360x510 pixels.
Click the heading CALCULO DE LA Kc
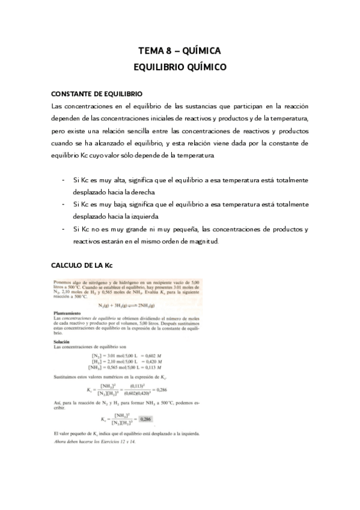click(82, 265)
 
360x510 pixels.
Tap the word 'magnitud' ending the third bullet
click(203, 242)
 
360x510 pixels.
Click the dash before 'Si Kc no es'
click(64, 230)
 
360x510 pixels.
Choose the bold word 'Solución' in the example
click(63, 342)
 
